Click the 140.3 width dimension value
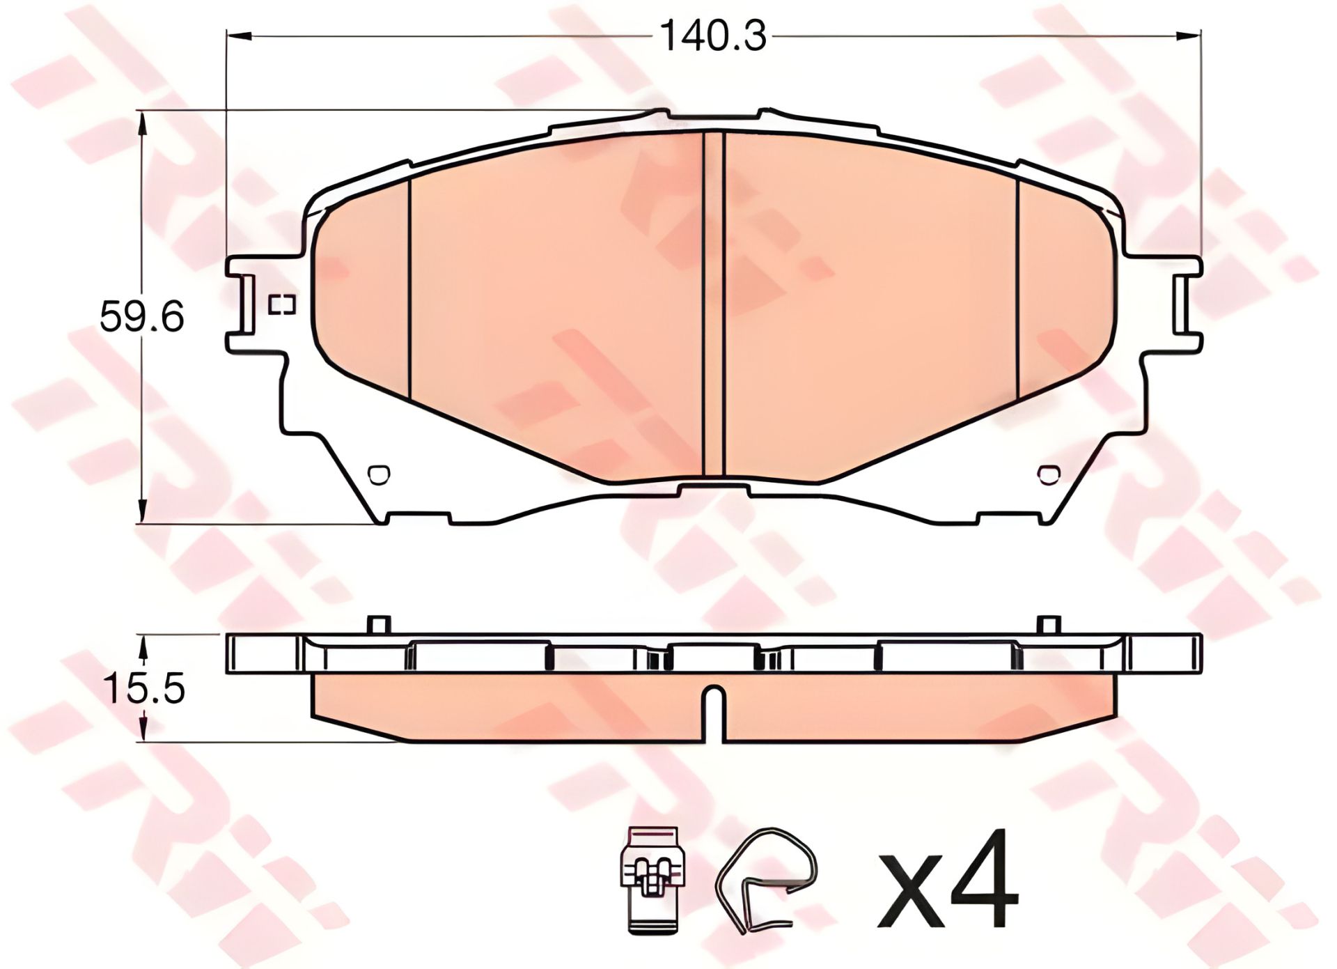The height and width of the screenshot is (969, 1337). click(712, 36)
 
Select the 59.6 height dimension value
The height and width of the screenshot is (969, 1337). click(142, 317)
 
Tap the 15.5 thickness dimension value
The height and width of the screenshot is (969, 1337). click(143, 688)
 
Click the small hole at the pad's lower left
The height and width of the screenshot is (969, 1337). click(378, 474)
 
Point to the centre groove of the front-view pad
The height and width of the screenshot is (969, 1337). click(714, 304)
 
